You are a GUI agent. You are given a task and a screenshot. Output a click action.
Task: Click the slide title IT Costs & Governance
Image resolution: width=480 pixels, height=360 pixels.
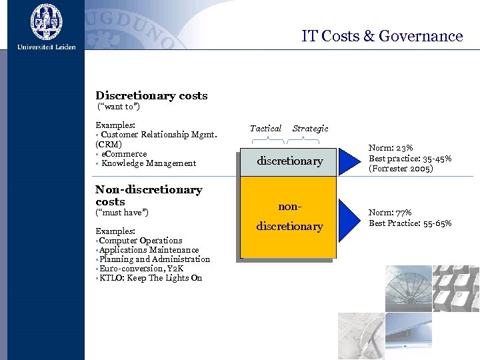click(381, 36)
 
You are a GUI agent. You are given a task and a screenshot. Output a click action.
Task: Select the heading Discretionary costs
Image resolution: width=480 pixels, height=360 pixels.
click(151, 96)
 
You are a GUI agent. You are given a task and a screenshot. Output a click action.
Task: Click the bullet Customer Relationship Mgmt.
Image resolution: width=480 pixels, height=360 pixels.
click(159, 135)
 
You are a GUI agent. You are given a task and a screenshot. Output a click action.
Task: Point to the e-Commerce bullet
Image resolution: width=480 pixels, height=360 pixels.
click(124, 154)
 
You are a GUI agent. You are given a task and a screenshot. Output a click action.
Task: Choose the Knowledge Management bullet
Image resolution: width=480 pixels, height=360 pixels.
click(149, 163)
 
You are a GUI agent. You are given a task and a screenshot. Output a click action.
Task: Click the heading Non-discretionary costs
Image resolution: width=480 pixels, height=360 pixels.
click(148, 195)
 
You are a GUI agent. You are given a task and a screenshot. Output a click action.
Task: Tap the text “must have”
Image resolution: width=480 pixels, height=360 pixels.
click(123, 213)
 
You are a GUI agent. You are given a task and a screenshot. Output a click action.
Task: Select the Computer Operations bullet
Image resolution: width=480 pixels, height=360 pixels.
click(140, 241)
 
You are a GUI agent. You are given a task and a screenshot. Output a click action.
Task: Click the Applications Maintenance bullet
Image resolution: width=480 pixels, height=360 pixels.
click(149, 250)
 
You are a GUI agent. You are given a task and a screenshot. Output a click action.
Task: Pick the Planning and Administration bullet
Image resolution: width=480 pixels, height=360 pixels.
click(154, 259)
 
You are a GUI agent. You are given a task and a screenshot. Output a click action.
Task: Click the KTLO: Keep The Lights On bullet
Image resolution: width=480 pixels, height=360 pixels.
click(150, 278)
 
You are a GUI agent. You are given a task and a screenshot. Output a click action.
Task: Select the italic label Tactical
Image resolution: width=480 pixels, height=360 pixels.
click(265, 128)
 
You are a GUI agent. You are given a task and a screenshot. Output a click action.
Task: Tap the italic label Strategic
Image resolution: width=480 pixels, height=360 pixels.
click(310, 128)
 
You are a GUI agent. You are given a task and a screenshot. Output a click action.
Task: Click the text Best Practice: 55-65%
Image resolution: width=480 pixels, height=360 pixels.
click(410, 223)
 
